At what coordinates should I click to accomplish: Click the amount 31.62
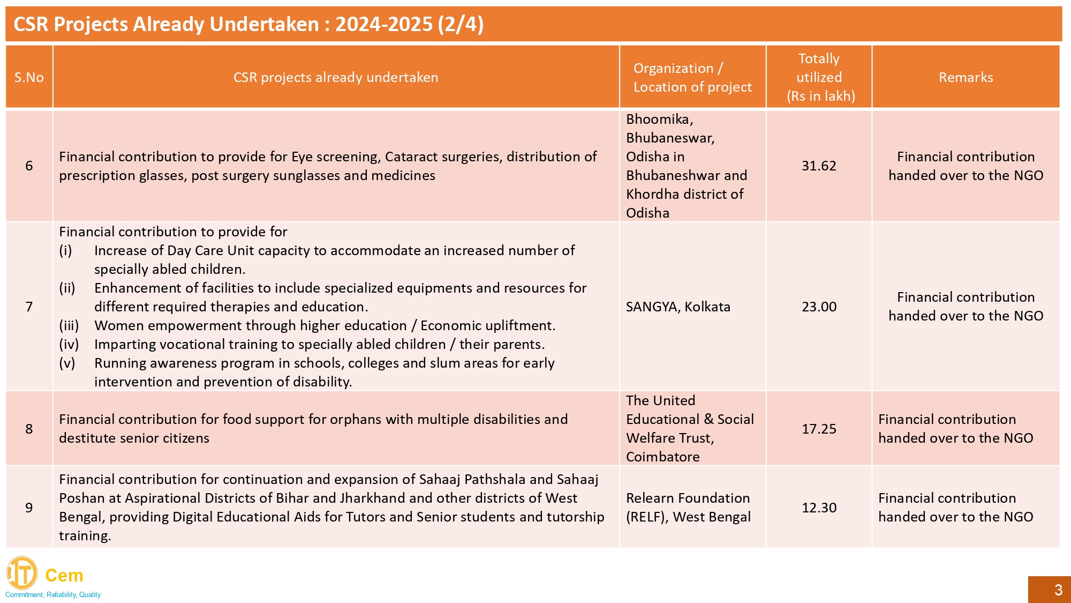818,166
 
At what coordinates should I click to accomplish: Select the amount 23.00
819,307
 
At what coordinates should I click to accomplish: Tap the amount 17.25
819,429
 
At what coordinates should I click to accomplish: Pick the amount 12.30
819,508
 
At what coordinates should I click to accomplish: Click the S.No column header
29,77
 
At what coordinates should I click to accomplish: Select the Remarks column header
966,77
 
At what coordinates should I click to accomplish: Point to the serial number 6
29,166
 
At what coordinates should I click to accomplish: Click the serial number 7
29,307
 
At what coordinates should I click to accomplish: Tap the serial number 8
29,429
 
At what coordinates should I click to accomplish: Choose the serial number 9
29,508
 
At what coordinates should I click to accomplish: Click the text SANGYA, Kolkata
678,307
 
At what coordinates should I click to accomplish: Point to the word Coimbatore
662,457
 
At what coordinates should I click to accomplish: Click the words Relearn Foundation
688,498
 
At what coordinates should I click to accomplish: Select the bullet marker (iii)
69,325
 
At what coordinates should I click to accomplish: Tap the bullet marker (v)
67,363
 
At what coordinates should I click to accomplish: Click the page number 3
1058,590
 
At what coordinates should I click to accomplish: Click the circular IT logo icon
22,573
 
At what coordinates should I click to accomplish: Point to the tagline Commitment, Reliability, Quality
53,594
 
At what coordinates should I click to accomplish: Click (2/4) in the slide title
460,24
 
